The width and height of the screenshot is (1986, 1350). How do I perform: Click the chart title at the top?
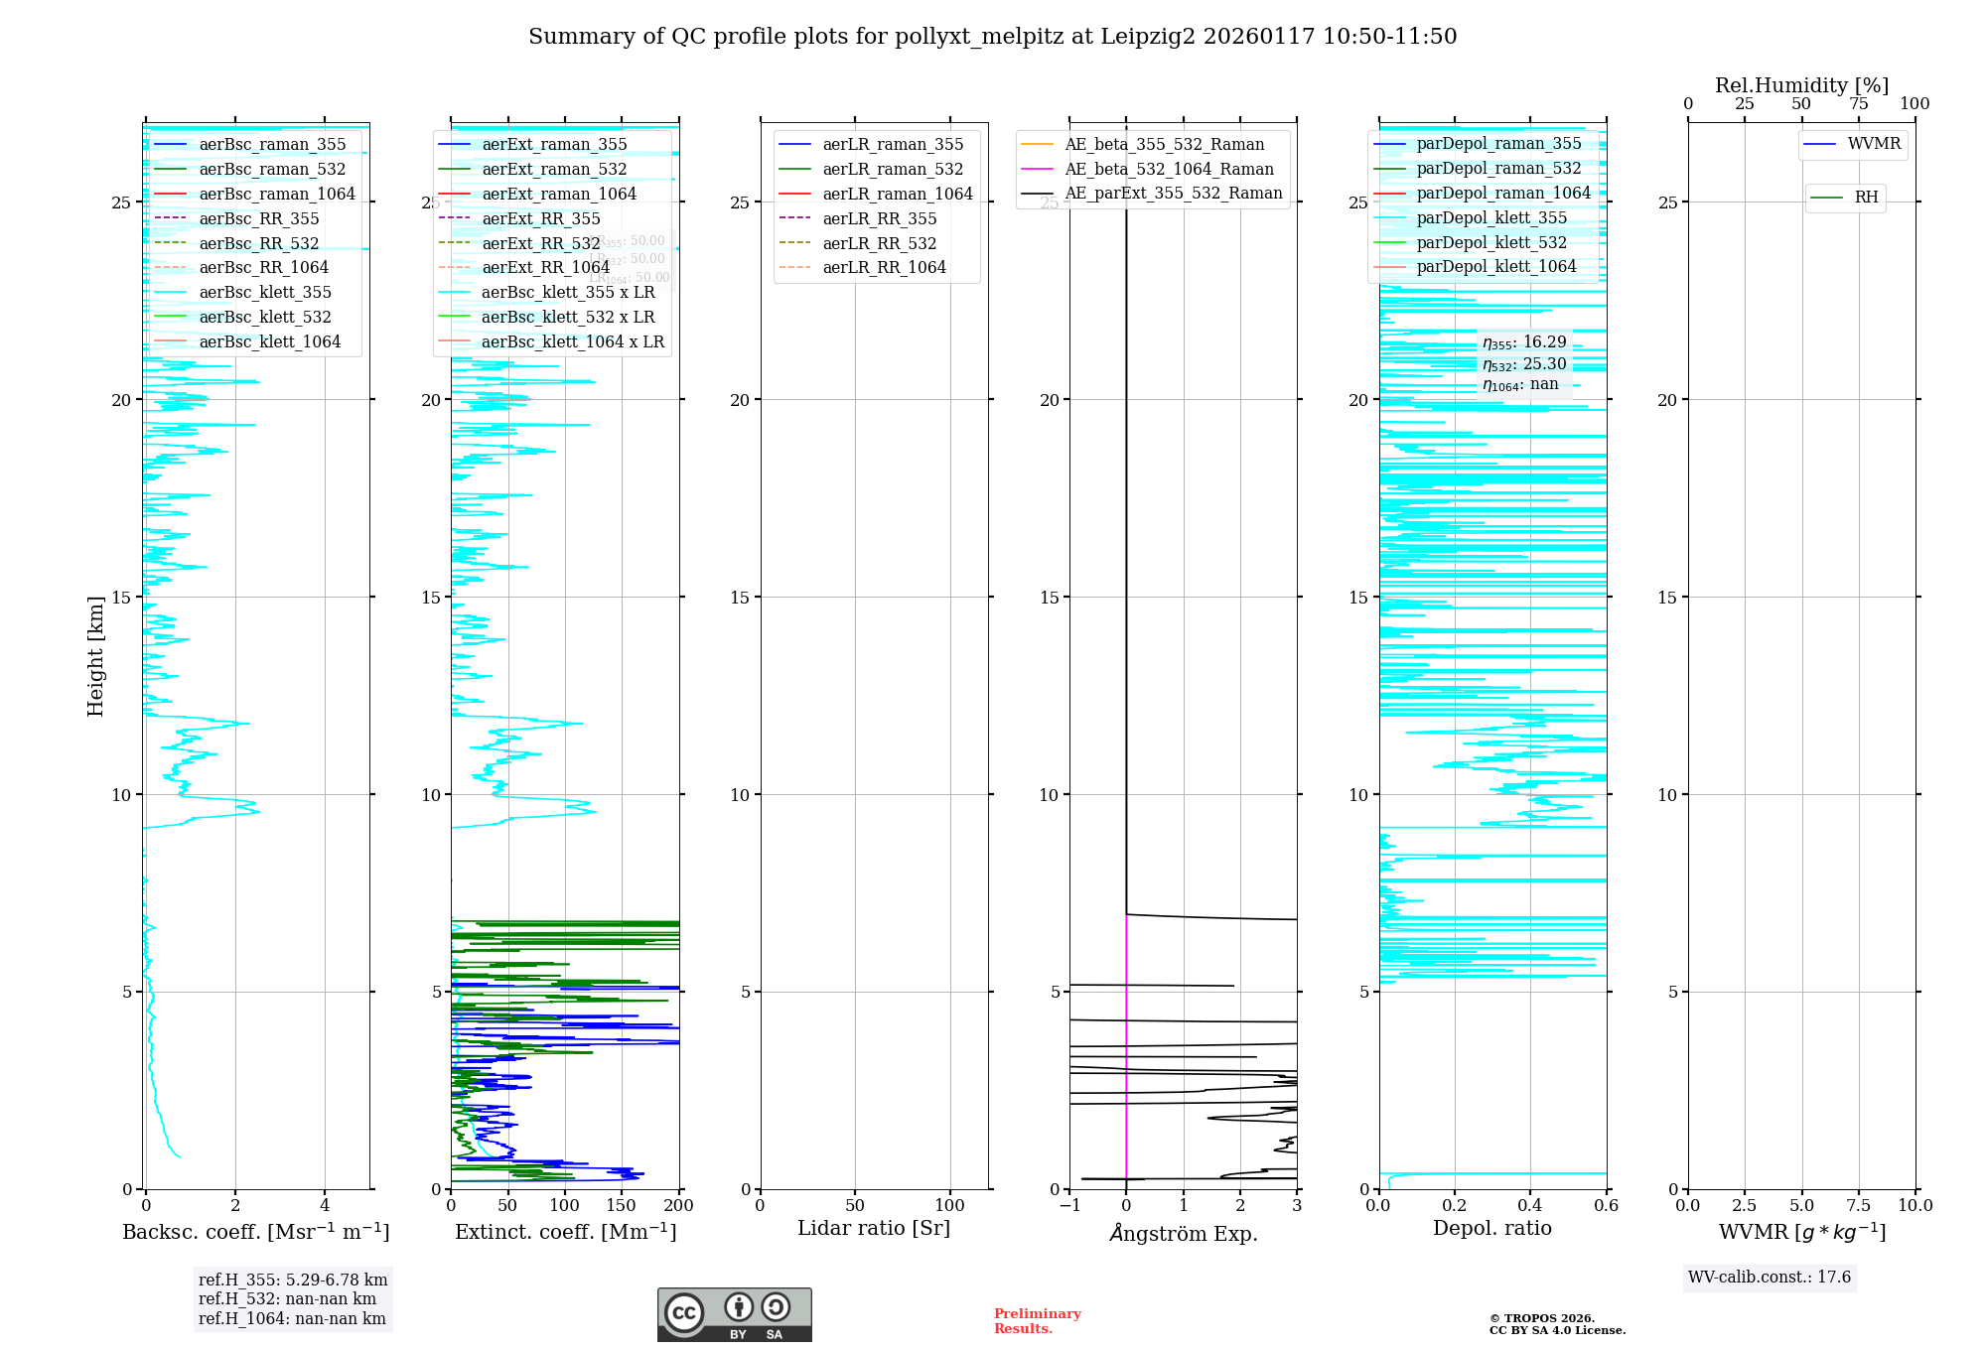click(x=992, y=37)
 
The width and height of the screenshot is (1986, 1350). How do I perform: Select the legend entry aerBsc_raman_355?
click(x=271, y=144)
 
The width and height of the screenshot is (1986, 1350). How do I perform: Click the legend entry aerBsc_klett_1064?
click(x=269, y=341)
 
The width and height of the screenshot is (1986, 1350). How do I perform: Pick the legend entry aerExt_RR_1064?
click(x=545, y=267)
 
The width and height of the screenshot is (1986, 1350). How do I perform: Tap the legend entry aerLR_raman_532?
click(x=892, y=169)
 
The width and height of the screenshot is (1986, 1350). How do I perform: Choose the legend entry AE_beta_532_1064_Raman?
click(x=1168, y=169)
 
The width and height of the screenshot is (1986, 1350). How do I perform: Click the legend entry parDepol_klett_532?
click(x=1490, y=242)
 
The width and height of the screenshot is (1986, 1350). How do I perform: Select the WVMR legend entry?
click(x=1873, y=144)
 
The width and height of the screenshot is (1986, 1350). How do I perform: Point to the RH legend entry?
click(x=1865, y=198)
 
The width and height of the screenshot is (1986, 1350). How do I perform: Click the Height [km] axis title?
click(x=95, y=656)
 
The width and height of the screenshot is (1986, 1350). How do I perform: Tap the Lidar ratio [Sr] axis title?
click(x=874, y=1228)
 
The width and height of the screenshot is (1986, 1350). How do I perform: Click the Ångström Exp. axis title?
click(x=1183, y=1233)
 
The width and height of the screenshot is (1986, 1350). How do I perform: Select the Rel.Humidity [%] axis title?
click(x=1801, y=85)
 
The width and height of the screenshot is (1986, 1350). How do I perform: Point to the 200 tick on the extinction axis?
click(x=679, y=1206)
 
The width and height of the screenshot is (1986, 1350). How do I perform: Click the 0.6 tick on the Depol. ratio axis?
click(x=1606, y=1206)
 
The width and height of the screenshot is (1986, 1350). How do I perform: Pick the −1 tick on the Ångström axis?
click(x=1069, y=1206)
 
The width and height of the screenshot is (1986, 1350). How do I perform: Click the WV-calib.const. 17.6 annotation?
click(x=1770, y=1278)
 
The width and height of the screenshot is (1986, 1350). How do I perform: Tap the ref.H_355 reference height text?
click(x=293, y=1281)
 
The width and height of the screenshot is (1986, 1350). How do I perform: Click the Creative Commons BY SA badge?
click(x=734, y=1314)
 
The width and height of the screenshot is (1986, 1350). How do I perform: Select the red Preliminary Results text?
click(x=1037, y=1321)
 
